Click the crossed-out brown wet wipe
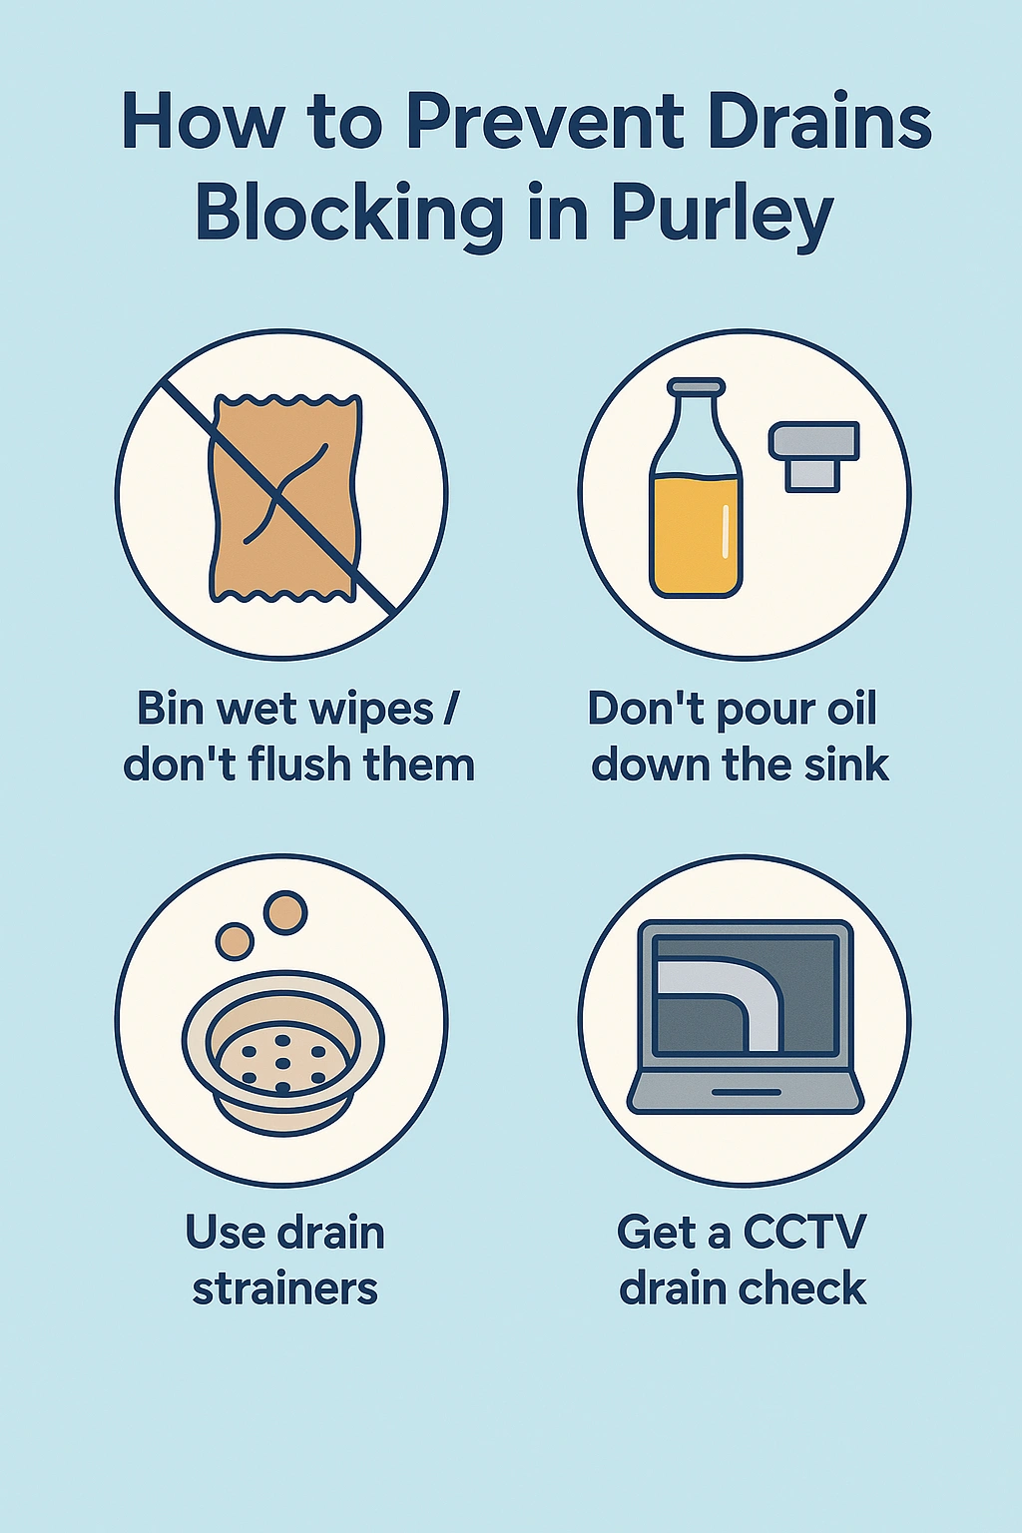tap(284, 498)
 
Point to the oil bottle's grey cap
tap(697, 387)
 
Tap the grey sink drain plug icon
tap(813, 456)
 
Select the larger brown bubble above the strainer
tap(285, 911)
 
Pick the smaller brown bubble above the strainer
tap(235, 942)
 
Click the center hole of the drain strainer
tap(282, 1063)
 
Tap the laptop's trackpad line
tap(746, 1092)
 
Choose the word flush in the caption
tap(295, 765)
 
